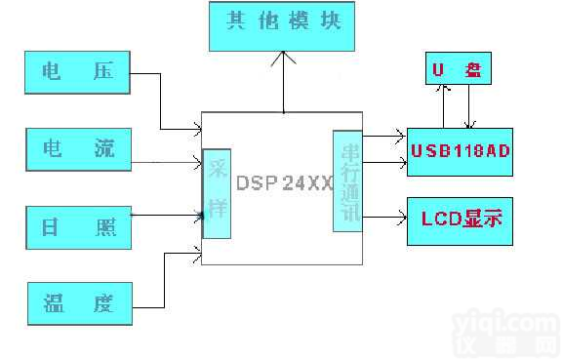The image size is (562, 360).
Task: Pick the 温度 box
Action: [x=78, y=303]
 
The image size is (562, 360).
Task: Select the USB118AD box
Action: [x=459, y=151]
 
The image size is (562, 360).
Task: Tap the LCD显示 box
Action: [x=459, y=220]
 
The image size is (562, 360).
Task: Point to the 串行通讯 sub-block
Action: [x=347, y=180]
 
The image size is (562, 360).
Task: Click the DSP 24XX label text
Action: [x=284, y=182]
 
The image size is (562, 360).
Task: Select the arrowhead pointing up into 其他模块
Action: [x=284, y=58]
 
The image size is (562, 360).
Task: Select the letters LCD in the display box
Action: [x=440, y=220]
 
